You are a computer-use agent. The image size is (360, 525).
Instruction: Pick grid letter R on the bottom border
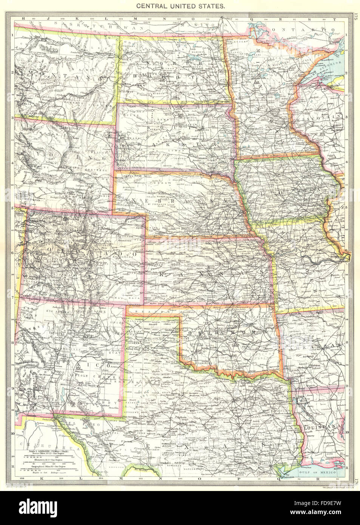[x=318, y=480]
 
